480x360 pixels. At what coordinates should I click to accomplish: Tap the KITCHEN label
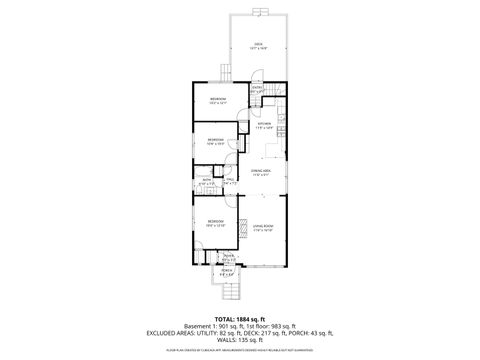tap(264, 124)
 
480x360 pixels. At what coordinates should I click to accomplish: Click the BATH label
tap(206, 181)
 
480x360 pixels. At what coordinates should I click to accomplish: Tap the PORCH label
tap(226, 270)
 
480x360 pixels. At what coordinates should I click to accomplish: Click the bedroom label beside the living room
tap(215, 221)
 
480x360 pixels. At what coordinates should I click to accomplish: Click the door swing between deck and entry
tap(253, 78)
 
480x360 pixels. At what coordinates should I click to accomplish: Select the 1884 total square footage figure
tap(248, 318)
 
